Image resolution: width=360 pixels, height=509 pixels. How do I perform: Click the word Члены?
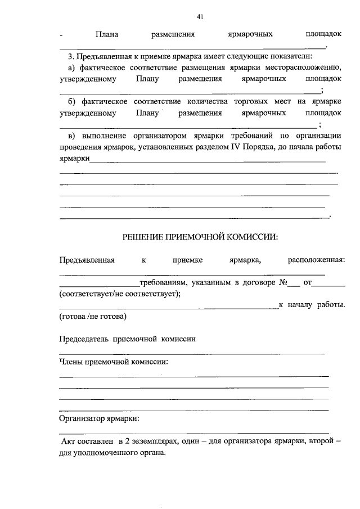(x=71, y=362)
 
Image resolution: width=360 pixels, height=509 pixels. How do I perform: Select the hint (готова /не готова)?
(x=93, y=317)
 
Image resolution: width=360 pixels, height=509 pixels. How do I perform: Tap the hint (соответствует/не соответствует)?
(x=120, y=294)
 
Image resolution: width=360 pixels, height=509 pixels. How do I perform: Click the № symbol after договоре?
(x=283, y=282)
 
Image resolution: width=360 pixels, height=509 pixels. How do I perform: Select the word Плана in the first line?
(x=106, y=34)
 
